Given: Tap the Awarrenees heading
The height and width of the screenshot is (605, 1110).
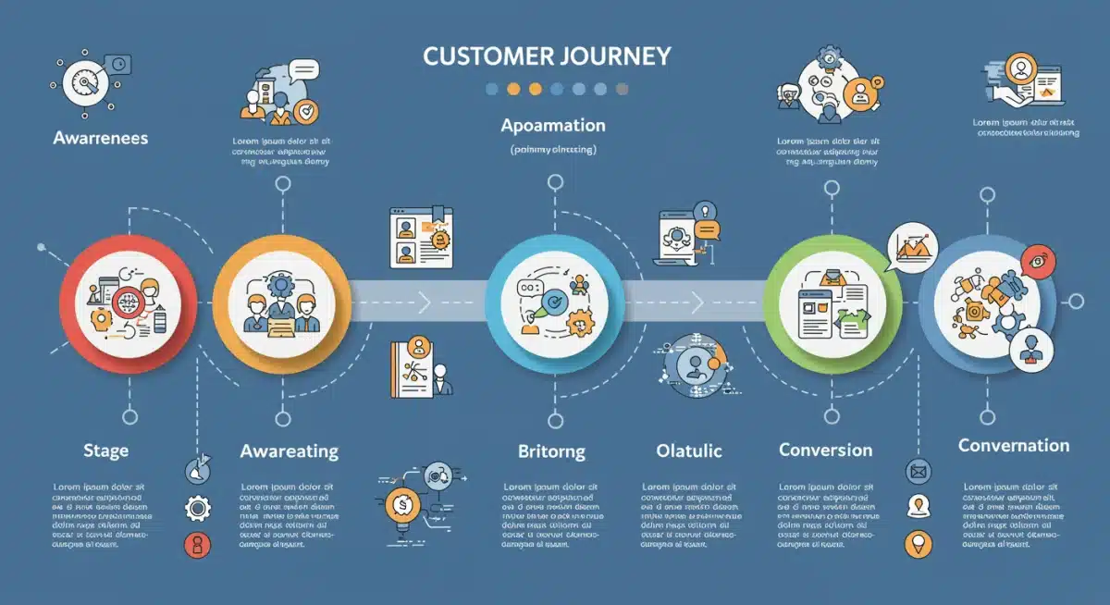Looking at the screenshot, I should point(100,138).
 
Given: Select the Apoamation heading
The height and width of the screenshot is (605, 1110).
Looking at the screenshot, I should point(553,125).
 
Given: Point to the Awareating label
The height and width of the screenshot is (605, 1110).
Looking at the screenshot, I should point(289,451).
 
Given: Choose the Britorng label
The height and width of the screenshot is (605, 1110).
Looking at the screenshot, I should point(551,451).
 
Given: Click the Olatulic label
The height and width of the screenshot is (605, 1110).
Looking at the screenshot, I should point(688,451).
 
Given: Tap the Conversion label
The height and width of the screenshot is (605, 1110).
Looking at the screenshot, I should point(825,451).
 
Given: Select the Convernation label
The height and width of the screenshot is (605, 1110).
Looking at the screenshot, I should point(1014,446).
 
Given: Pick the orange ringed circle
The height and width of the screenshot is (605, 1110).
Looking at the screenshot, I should point(280,298).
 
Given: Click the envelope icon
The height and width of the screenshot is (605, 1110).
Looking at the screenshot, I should point(918,472).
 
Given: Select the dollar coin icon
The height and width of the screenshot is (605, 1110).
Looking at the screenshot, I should point(404,505).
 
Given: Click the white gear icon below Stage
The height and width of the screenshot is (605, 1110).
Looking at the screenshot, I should point(197,508).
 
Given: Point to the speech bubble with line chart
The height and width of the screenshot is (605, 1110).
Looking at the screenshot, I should point(912,248).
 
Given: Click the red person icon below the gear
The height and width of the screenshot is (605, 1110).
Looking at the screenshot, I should point(197,544).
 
